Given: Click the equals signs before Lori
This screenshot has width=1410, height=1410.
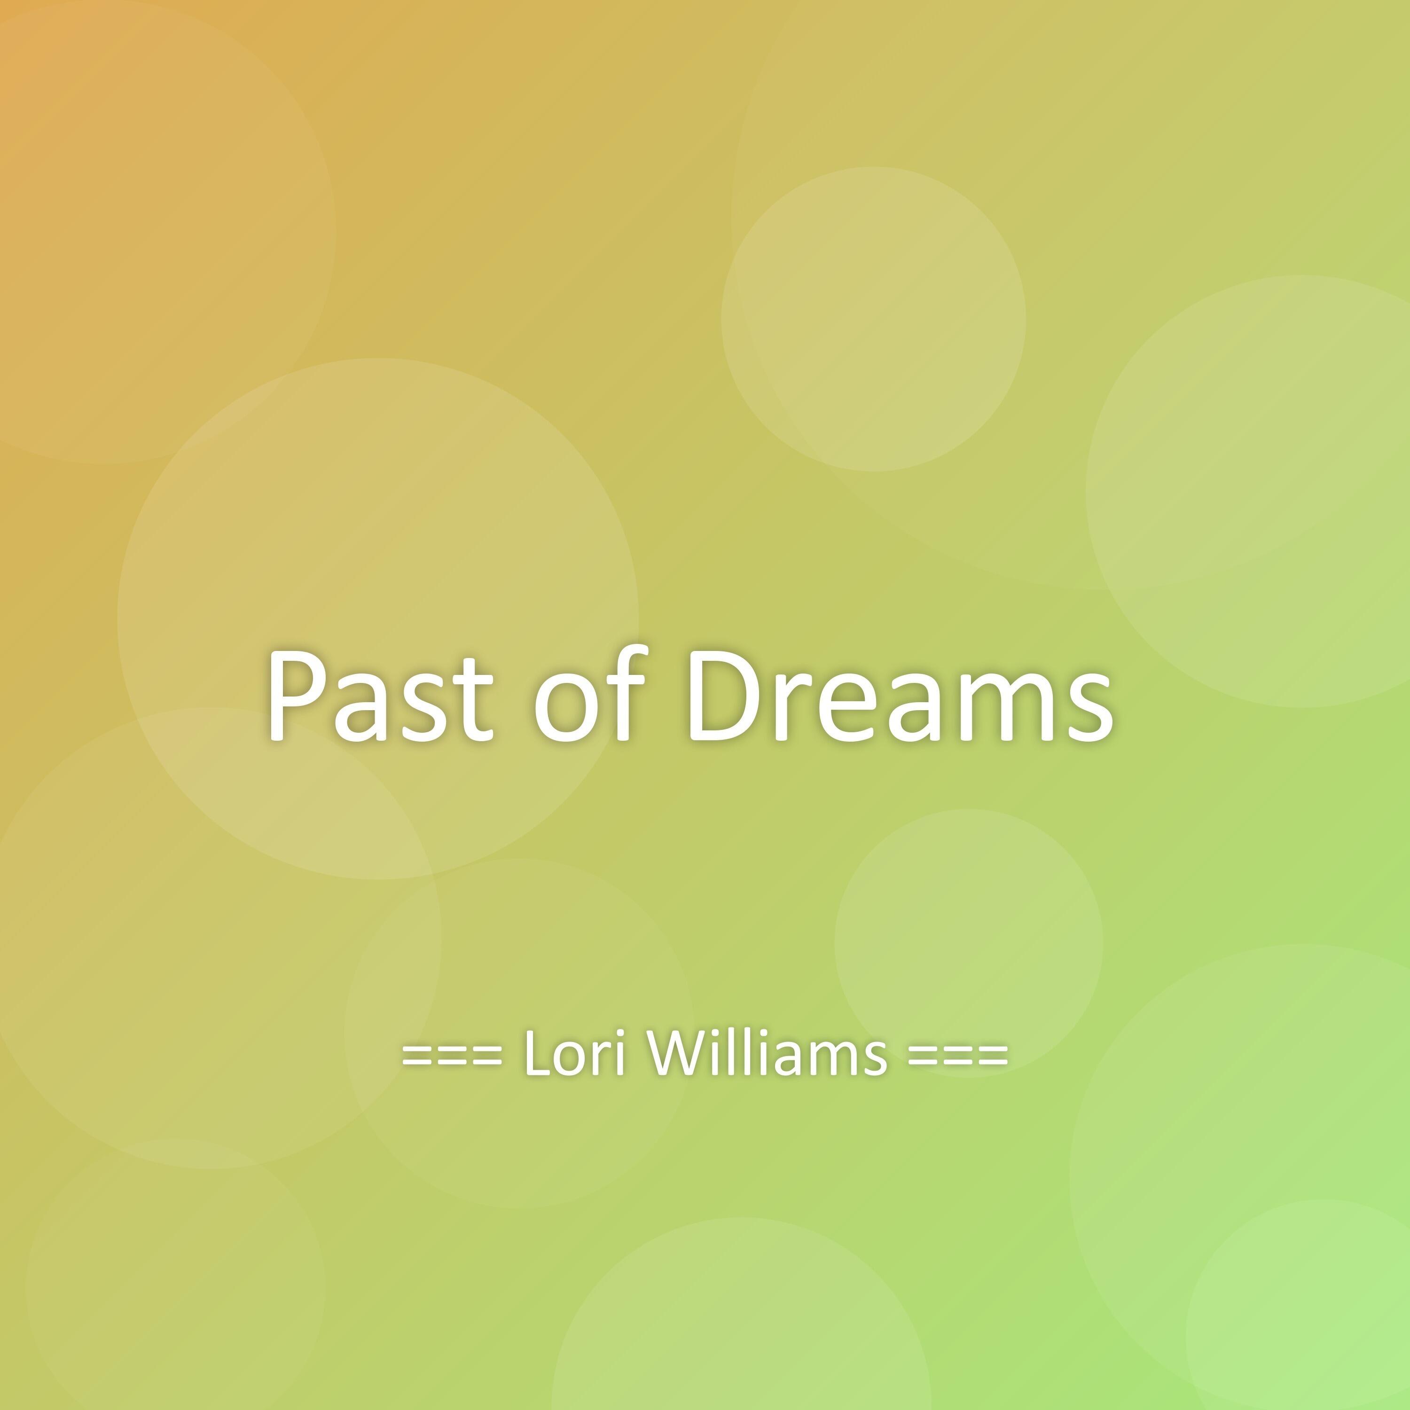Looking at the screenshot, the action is pos(453,1055).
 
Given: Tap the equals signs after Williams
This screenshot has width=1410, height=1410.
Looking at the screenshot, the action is pos(957,1055).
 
